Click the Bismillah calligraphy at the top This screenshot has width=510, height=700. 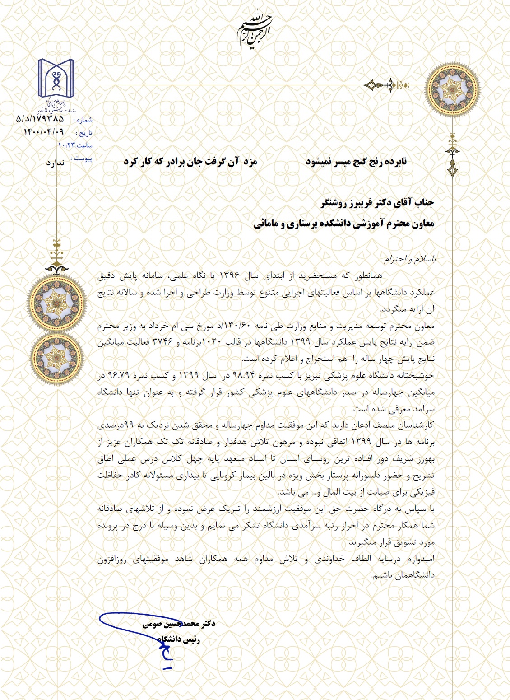tap(255, 31)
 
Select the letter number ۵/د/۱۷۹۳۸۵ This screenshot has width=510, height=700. tap(40, 119)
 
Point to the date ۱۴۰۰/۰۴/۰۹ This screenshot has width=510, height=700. tap(43, 132)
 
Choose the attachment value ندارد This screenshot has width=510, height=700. tap(55, 162)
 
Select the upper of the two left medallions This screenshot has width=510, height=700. tap(57, 302)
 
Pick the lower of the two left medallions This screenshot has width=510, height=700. tap(57, 357)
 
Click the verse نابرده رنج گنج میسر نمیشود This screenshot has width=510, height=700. tap(356, 162)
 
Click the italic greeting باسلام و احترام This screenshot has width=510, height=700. tap(409, 259)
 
